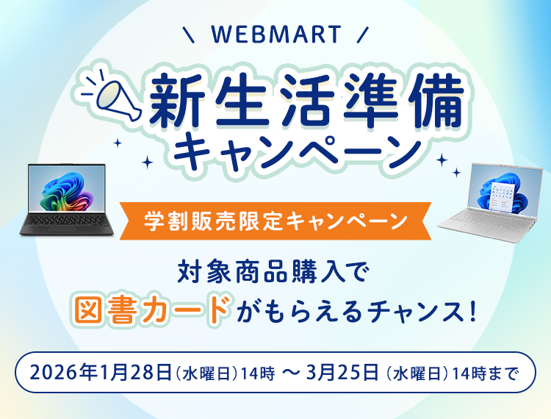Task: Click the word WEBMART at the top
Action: (x=275, y=35)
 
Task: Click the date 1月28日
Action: (x=135, y=373)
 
